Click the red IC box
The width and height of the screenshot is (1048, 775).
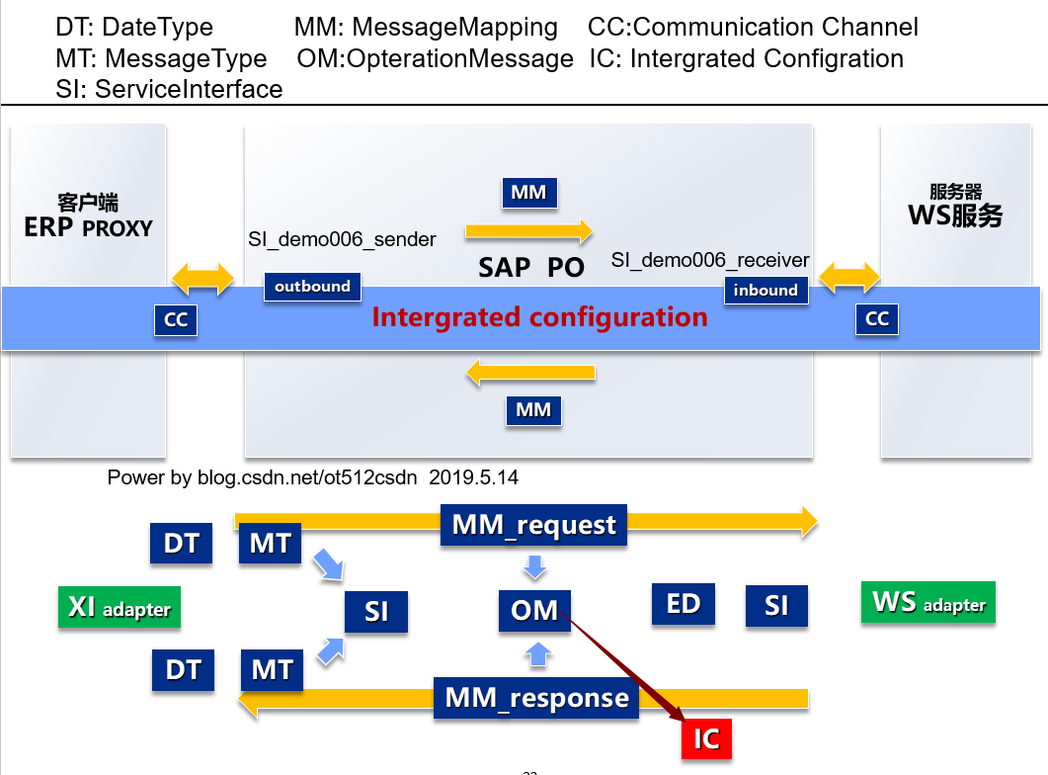[x=706, y=738]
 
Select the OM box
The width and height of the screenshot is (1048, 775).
[x=534, y=610]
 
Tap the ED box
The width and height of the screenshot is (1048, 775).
[x=684, y=604]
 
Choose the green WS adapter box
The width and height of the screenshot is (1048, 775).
[x=928, y=602]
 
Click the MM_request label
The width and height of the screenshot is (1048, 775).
[x=534, y=524]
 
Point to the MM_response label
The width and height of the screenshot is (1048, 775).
[x=536, y=698]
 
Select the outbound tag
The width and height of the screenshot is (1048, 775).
[x=312, y=287]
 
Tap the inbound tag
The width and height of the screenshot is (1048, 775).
[x=766, y=290]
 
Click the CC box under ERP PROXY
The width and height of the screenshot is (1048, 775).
[x=176, y=319]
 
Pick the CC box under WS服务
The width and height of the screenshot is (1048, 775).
[x=877, y=318]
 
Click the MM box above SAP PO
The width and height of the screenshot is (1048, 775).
[x=528, y=193]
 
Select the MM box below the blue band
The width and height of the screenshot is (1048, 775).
[x=533, y=409]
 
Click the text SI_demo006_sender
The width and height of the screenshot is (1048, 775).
[x=342, y=238]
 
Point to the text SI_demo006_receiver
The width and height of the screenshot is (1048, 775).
[x=710, y=261]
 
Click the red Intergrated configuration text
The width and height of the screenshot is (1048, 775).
[x=539, y=317]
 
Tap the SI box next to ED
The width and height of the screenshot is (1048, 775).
[x=776, y=605]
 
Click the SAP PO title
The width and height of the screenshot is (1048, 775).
[x=531, y=267]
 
